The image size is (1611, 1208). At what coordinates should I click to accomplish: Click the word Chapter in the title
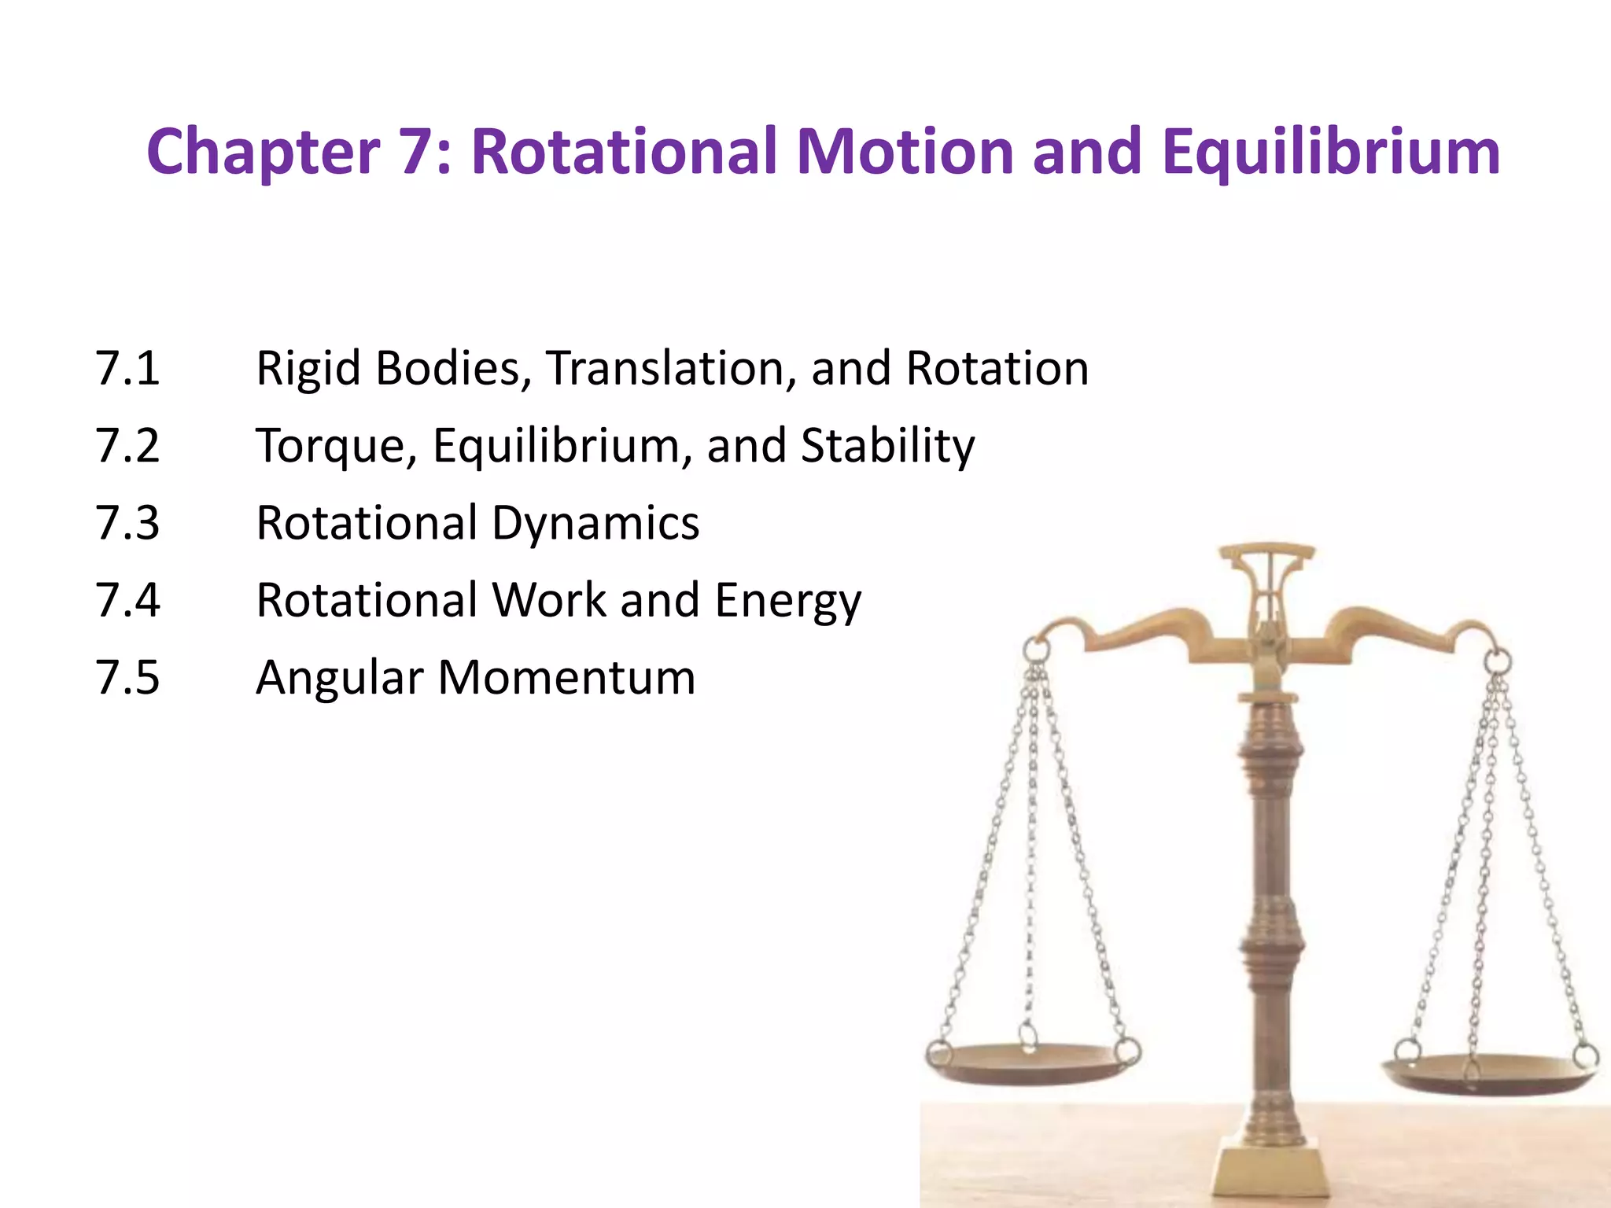click(263, 153)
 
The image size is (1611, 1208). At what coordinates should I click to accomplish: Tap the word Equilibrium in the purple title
click(1331, 153)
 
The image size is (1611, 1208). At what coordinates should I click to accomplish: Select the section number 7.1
click(127, 368)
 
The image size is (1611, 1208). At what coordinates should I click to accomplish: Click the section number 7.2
click(127, 445)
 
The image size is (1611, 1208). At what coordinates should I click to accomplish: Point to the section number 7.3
click(127, 523)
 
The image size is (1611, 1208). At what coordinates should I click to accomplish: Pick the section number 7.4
click(127, 600)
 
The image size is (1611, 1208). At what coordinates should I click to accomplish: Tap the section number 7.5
click(127, 677)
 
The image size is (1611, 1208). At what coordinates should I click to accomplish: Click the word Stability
click(887, 445)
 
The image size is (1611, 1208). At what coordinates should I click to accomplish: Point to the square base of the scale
click(1269, 1172)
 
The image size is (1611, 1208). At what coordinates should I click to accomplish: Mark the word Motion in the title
click(905, 153)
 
